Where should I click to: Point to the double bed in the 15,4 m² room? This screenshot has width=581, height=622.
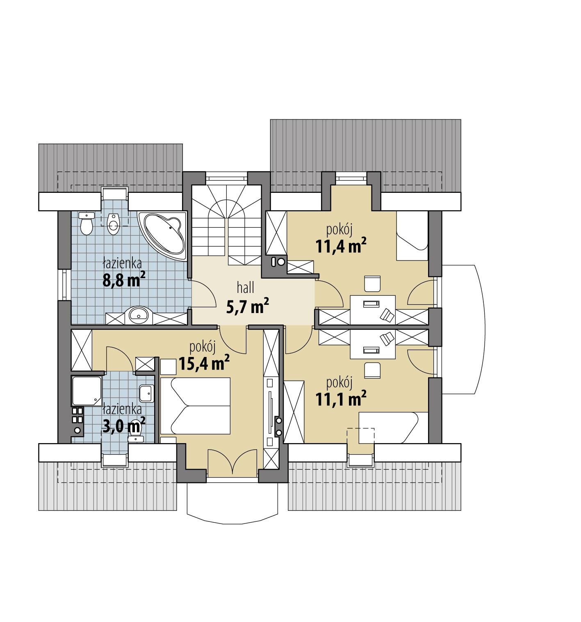coord(195,406)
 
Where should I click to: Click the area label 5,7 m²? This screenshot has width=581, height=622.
coord(247,306)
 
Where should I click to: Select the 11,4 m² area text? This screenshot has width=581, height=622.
coord(340,246)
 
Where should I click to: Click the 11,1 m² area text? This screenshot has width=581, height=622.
coord(340,398)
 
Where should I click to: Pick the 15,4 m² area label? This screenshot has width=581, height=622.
coord(204,363)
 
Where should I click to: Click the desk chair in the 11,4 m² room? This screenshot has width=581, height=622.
coord(372,284)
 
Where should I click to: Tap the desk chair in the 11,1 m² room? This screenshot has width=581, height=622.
coord(372,369)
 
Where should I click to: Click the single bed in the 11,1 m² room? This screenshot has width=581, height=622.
coord(388,428)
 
